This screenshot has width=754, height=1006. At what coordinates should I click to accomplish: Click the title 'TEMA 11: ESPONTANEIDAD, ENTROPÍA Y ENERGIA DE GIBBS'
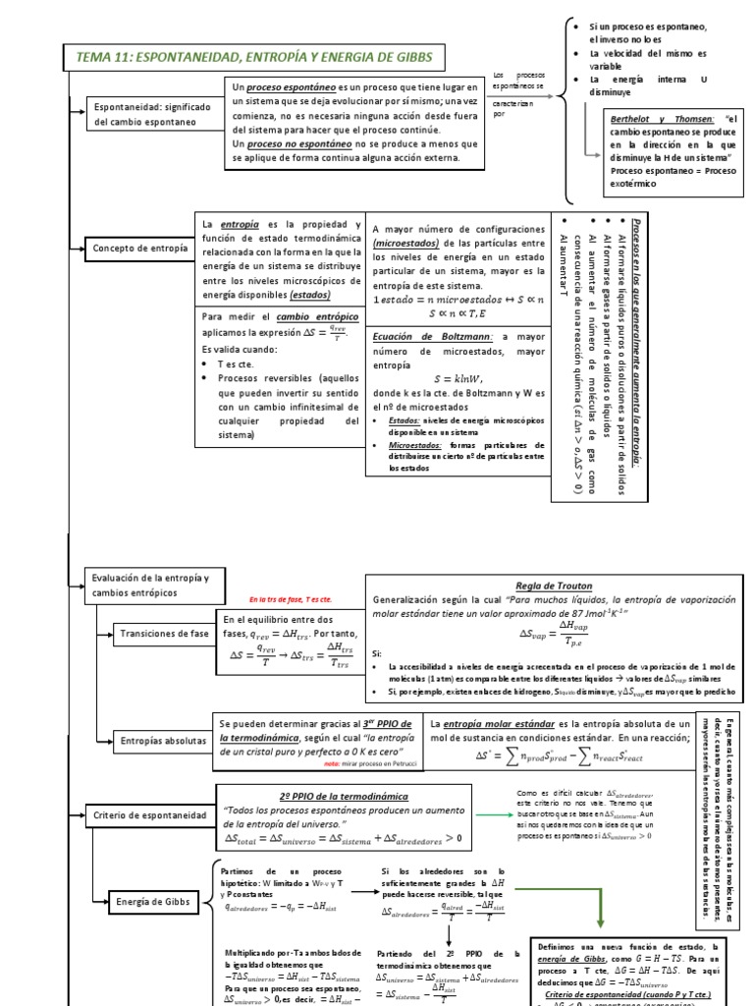point(253,58)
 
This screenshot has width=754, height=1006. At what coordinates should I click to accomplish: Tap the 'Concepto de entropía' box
point(139,249)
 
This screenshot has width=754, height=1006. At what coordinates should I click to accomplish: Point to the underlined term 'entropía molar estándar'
point(508,723)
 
